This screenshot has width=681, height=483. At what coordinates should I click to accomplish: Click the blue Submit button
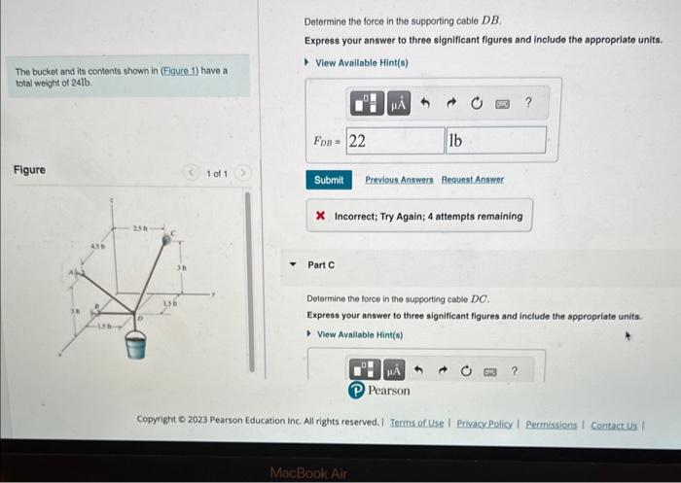click(329, 180)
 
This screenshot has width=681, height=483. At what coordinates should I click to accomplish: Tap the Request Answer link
click(473, 180)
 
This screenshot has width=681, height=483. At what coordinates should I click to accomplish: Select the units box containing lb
click(495, 140)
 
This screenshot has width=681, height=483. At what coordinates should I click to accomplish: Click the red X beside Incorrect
click(320, 216)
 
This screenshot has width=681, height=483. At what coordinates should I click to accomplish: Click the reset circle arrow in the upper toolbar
click(477, 102)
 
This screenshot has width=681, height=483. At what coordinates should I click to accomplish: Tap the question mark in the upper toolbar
click(528, 102)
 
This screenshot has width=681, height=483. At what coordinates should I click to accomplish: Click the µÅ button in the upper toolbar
click(398, 102)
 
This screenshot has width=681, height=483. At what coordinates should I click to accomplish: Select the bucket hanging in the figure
click(136, 343)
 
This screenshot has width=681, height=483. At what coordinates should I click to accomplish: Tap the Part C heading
click(321, 264)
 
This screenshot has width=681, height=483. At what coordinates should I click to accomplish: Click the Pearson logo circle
click(357, 391)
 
